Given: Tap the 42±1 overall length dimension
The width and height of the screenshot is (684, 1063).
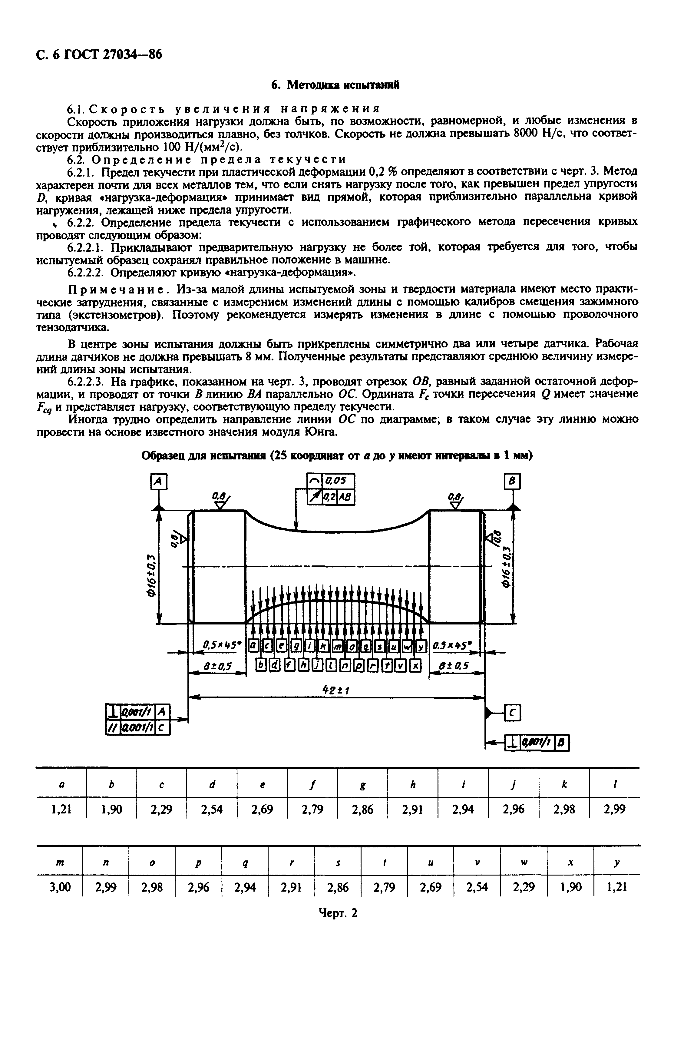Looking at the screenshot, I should click(x=336, y=690).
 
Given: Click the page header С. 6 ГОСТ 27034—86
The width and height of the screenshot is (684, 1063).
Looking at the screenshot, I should click(x=99, y=55).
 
